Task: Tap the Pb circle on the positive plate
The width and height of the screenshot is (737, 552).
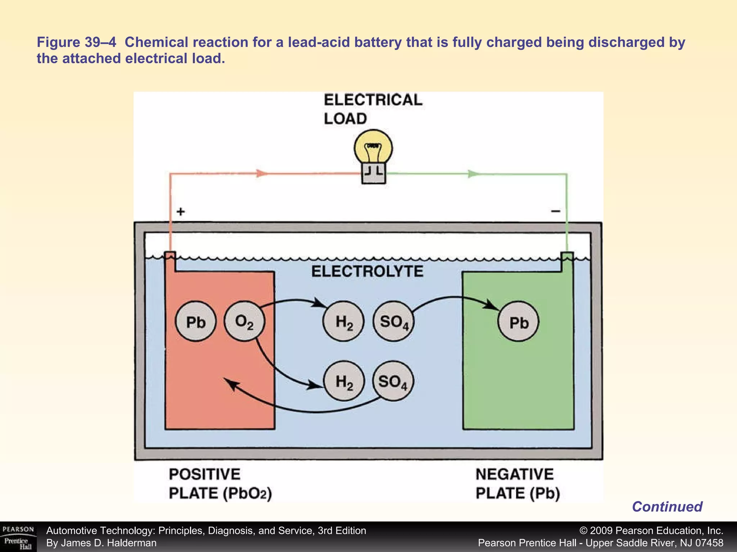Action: pyautogui.click(x=195, y=322)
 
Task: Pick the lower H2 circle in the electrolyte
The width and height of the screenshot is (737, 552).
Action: pyautogui.click(x=344, y=381)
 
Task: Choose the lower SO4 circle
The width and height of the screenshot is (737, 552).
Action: pyautogui.click(x=393, y=381)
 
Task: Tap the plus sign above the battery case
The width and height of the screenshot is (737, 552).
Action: pyautogui.click(x=181, y=211)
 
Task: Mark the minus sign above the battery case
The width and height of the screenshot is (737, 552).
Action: pyautogui.click(x=556, y=211)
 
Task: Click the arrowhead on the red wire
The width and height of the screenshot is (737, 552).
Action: pyautogui.click(x=262, y=174)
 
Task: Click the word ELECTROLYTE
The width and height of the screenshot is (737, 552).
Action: pyautogui.click(x=367, y=271)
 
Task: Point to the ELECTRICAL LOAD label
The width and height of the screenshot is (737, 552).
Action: pyautogui.click(x=373, y=109)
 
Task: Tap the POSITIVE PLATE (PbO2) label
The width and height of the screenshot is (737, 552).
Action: pyautogui.click(x=220, y=484)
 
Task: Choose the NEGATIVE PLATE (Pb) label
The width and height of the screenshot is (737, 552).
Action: pyautogui.click(x=517, y=484)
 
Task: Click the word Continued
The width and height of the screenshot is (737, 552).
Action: pyautogui.click(x=667, y=507)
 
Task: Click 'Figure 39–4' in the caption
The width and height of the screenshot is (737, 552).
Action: pyautogui.click(x=76, y=42)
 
